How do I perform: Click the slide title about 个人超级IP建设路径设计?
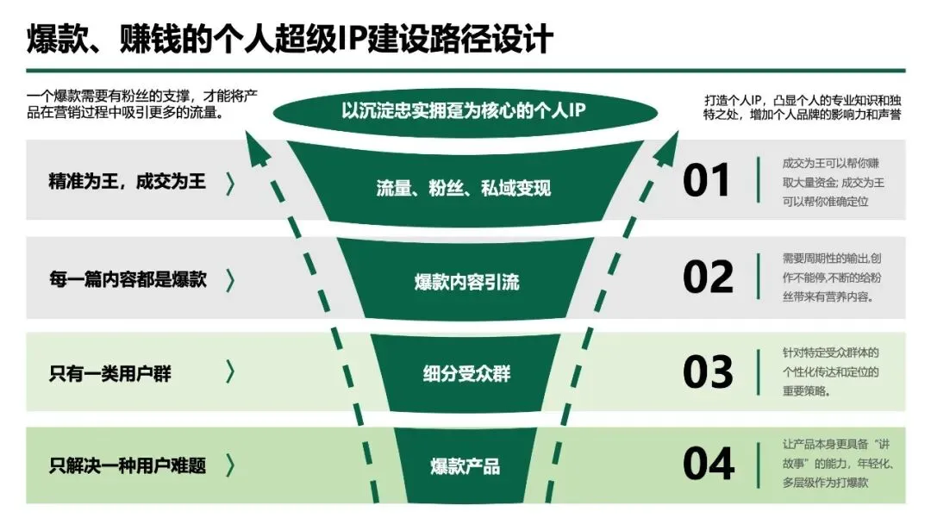(x=290, y=39)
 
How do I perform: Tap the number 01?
(x=707, y=181)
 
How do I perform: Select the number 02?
(x=708, y=277)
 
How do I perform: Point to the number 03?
(x=708, y=372)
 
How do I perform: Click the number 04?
(x=708, y=465)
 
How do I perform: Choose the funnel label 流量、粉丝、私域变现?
(x=463, y=188)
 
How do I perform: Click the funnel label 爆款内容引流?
(x=466, y=282)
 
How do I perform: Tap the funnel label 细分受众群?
(x=466, y=375)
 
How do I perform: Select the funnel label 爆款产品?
(x=465, y=467)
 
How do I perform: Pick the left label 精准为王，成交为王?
(x=128, y=182)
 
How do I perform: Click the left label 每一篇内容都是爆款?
(x=128, y=279)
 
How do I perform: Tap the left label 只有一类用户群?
(x=110, y=373)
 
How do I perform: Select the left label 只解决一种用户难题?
(x=128, y=466)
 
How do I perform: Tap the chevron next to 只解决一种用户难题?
(x=230, y=466)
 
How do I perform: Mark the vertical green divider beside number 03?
(x=758, y=372)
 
